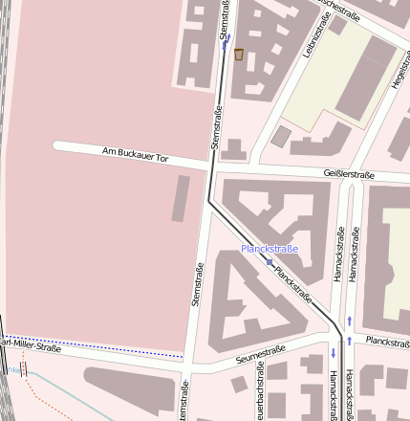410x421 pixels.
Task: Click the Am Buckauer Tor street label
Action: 135,155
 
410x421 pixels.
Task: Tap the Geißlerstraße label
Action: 350,174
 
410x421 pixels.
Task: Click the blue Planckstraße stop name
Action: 270,249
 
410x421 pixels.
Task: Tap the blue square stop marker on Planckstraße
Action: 270,262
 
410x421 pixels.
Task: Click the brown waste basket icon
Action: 239,55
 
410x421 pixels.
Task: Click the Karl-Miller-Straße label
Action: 29,345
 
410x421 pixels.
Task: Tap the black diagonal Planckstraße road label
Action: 292,285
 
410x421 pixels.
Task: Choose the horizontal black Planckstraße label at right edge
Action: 387,341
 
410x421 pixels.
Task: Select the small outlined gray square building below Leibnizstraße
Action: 281,137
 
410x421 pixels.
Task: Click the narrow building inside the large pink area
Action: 181,199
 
